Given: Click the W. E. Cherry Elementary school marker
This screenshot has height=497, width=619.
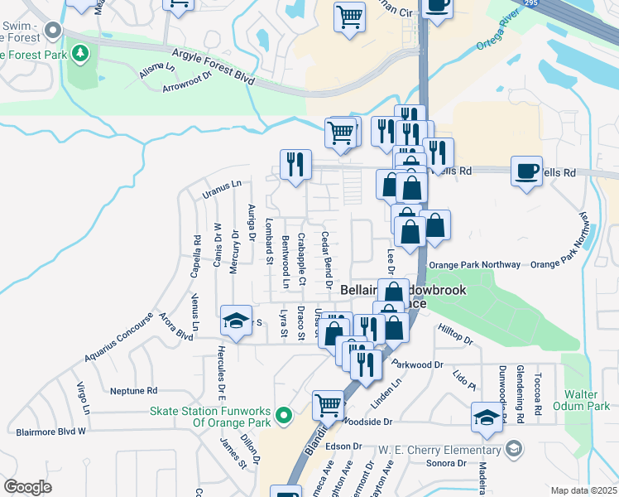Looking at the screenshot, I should click(514, 449).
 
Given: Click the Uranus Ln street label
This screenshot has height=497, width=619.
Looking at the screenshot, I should click(221, 189).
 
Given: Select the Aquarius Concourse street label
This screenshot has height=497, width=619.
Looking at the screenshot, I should click(118, 338).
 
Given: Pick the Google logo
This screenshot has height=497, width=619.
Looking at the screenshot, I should click(26, 486).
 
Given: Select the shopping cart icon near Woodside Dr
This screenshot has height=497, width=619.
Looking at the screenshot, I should click(328, 406).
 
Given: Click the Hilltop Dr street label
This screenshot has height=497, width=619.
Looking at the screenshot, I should click(455, 340).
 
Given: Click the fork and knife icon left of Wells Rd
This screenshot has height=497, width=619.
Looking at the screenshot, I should click(295, 164).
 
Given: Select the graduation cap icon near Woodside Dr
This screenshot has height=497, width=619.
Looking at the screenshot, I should click(487, 417).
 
